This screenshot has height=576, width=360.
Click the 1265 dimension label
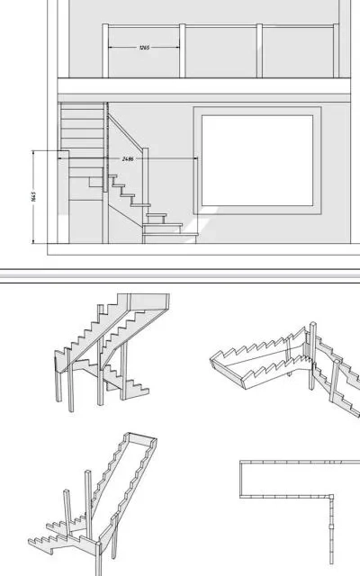(x=144, y=48)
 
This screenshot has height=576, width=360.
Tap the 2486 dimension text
(x=128, y=159)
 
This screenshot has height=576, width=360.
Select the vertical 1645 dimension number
(x=34, y=196)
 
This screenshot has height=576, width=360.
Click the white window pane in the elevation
(x=257, y=160)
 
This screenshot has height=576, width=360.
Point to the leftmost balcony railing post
(x=105, y=50)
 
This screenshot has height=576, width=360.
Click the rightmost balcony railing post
(x=336, y=50)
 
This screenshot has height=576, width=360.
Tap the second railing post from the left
(x=182, y=50)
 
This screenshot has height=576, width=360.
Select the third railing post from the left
(x=259, y=50)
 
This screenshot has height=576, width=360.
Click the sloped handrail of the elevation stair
(x=125, y=131)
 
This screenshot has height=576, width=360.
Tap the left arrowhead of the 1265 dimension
(x=111, y=47)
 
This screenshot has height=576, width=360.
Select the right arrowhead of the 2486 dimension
(x=195, y=158)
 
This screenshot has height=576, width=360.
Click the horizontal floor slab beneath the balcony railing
(x=204, y=86)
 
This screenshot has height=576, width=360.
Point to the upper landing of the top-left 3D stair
(x=148, y=302)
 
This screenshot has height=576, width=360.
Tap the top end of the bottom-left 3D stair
(x=141, y=437)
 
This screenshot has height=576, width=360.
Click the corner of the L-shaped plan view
(x=331, y=497)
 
